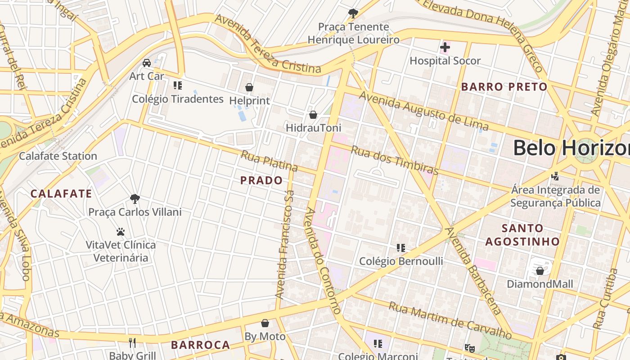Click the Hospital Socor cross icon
tap(445, 47)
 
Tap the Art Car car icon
tap(147, 63)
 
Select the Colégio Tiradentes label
tap(178, 99)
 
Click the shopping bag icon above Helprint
tap(249, 87)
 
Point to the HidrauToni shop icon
tap(313, 115)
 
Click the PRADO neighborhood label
tap(261, 180)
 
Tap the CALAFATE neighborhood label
tap(61, 194)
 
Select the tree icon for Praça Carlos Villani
tap(135, 198)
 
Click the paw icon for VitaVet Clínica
tap(121, 232)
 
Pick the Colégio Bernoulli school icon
tap(401, 248)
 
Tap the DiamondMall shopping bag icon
tap(540, 271)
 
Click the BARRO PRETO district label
tap(504, 87)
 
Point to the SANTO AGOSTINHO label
tap(522, 234)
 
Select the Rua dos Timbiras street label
tap(394, 160)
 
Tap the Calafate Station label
tap(58, 156)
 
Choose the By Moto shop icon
tap(265, 323)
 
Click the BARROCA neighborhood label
tap(200, 345)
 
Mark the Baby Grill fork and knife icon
tap(132, 343)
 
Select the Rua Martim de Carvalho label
tap(450, 321)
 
